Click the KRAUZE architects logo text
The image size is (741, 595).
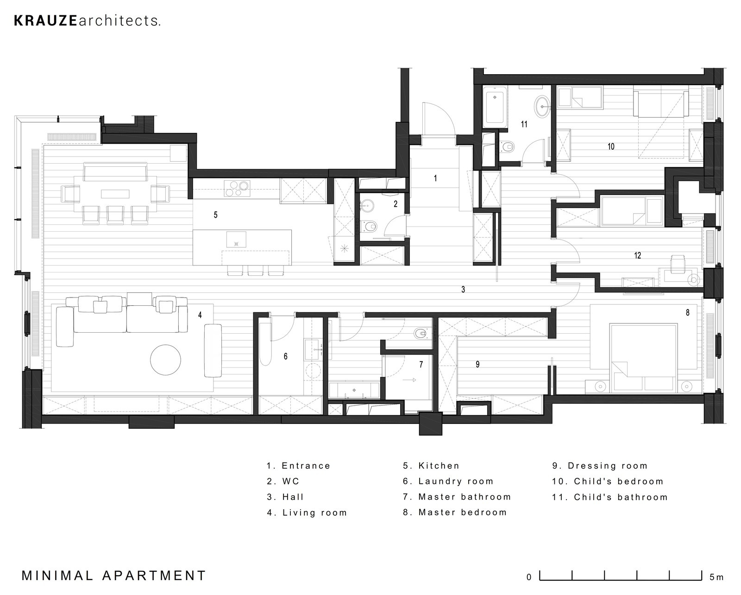(x=88, y=21)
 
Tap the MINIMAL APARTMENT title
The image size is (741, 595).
(x=113, y=576)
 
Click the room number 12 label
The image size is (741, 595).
(x=637, y=255)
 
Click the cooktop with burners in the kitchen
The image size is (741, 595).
(x=237, y=188)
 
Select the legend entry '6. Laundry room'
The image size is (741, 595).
(x=448, y=481)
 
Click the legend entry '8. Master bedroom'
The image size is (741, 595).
(x=455, y=513)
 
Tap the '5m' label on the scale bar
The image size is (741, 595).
(x=716, y=577)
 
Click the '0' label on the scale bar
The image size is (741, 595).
(x=529, y=577)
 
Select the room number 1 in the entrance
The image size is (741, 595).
(x=435, y=178)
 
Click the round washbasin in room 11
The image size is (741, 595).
(x=542, y=106)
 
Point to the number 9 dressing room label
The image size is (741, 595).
(x=477, y=365)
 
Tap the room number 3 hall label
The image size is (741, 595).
(x=463, y=290)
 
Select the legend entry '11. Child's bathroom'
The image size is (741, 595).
(x=609, y=497)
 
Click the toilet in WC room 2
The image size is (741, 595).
(x=370, y=226)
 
